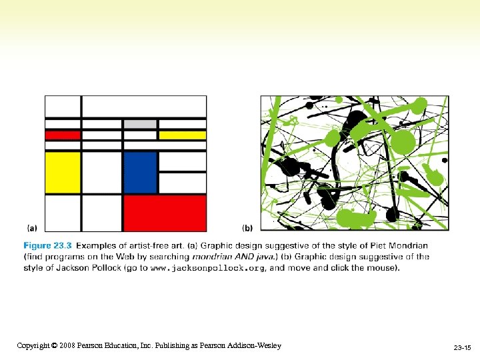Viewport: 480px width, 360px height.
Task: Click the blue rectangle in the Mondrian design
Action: click(140, 172)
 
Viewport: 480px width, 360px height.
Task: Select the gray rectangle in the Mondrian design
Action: click(140, 124)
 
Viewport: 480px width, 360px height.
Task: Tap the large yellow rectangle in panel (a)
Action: click(63, 172)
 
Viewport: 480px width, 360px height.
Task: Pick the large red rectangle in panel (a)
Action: click(165, 212)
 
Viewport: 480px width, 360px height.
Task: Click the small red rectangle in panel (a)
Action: click(63, 135)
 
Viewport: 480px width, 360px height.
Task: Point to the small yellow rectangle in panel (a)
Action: click(182, 135)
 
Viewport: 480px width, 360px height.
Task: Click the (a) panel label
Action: click(31, 227)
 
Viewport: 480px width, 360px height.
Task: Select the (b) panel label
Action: click(247, 227)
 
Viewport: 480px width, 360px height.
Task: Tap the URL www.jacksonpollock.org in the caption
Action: click(207, 268)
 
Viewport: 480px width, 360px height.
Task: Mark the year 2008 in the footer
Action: click(67, 345)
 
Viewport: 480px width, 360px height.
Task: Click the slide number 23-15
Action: click(462, 348)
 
